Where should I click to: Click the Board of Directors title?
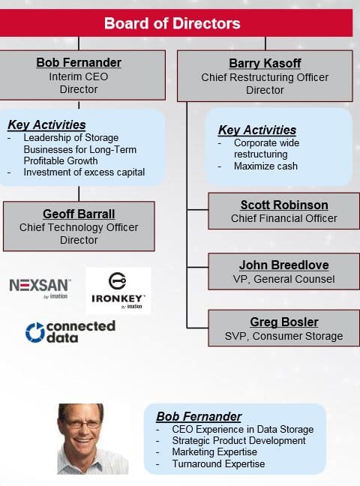tap(172, 23)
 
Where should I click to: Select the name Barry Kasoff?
tap(265, 63)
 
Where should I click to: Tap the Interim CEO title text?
tap(79, 76)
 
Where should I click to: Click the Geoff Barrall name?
tap(79, 214)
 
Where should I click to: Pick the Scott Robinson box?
tap(283, 211)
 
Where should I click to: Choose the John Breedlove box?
tap(283, 271)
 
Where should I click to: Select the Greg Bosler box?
tap(283, 328)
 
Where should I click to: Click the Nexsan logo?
tap(40, 288)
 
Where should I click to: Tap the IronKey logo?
tap(118, 291)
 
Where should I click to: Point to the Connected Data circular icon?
tap(34, 332)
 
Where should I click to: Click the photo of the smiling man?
tap(92, 439)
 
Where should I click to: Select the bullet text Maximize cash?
tap(265, 166)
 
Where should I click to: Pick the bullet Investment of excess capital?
tap(84, 172)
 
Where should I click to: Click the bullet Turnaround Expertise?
tap(218, 463)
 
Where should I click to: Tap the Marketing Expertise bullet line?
tap(214, 452)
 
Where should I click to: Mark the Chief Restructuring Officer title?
tap(265, 77)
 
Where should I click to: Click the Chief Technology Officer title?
tap(79, 227)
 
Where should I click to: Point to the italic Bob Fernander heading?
tap(199, 416)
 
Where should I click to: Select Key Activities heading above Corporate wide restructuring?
tap(257, 130)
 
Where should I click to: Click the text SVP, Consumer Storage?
tap(283, 336)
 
